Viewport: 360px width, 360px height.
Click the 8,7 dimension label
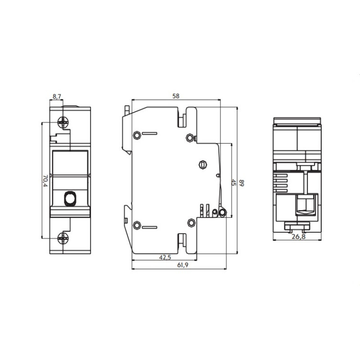pyautogui.click(x=57, y=96)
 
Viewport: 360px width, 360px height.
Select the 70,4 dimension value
pyautogui.click(x=45, y=181)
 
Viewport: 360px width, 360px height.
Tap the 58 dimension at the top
pyautogui.click(x=176, y=96)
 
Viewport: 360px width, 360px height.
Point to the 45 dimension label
pyautogui.click(x=234, y=183)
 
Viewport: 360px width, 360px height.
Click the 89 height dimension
pyautogui.click(x=242, y=183)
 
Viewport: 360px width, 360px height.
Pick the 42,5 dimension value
pyautogui.click(x=165, y=257)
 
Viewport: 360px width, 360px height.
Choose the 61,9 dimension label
pyautogui.click(x=183, y=265)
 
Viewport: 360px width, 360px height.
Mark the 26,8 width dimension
pyautogui.click(x=298, y=237)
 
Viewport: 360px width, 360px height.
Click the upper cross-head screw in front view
pyautogui.click(x=63, y=122)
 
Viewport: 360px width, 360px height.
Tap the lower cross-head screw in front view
pyautogui.click(x=63, y=238)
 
